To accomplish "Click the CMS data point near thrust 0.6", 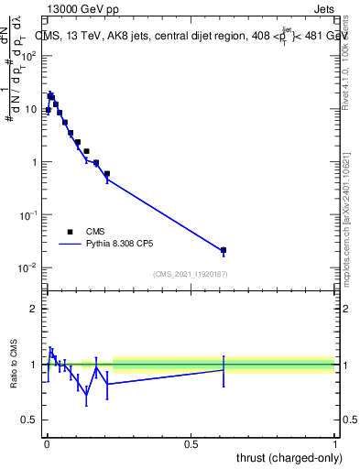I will point(224,250).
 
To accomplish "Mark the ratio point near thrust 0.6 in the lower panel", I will point(224,369).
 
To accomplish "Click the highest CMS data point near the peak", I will point(51,94).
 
